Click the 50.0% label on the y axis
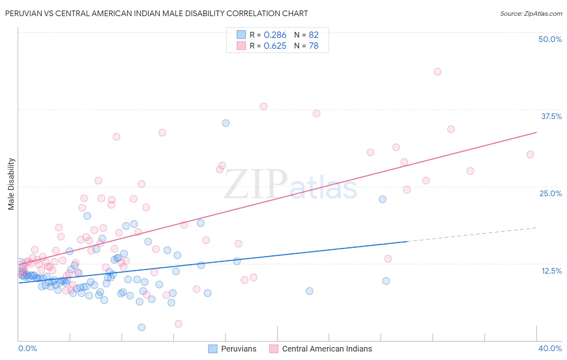pyautogui.click(x=550, y=39)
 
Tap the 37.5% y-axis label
pyautogui.click(x=551, y=116)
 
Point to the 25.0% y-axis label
pyautogui.click(x=550, y=193)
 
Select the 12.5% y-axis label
pyautogui.click(x=551, y=271)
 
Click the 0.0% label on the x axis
pyautogui.click(x=27, y=348)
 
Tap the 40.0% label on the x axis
pyautogui.click(x=550, y=348)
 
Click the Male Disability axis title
pyautogui.click(x=11, y=184)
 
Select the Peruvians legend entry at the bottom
pyautogui.click(x=238, y=349)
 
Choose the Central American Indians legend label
pyautogui.click(x=327, y=349)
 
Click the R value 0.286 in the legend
pyautogui.click(x=275, y=35)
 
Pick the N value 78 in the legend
pyautogui.click(x=314, y=46)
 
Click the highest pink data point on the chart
pyautogui.click(x=438, y=71)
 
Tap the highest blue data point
pyautogui.click(x=226, y=123)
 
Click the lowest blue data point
pyautogui.click(x=142, y=327)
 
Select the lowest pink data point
pyautogui.click(x=178, y=324)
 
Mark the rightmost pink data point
pyautogui.click(x=530, y=154)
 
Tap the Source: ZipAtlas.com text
pyautogui.click(x=531, y=13)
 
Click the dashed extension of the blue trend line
pyautogui.click(x=472, y=234)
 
